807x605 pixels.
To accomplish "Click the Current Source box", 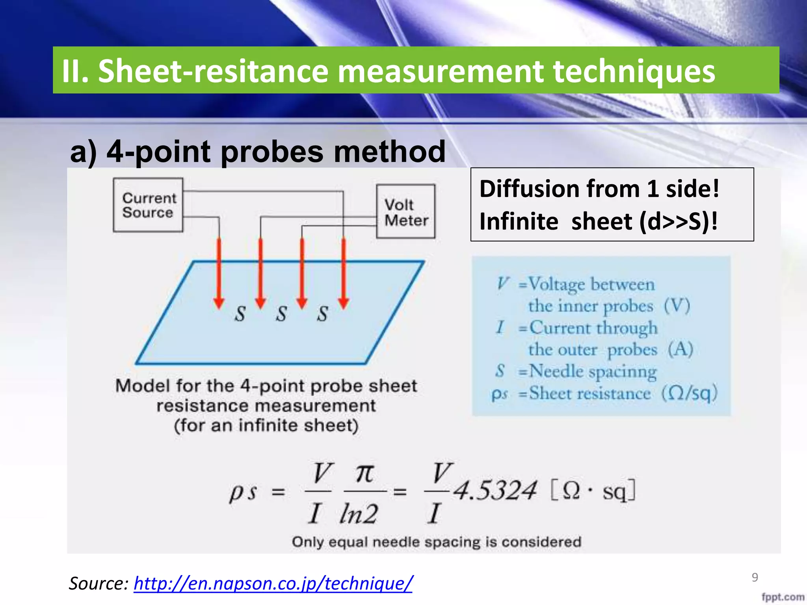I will (148, 205).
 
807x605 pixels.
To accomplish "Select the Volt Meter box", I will (406, 212).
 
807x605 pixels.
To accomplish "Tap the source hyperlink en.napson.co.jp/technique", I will (273, 583).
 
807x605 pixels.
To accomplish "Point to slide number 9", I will (755, 577).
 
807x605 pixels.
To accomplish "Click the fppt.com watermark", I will (783, 597).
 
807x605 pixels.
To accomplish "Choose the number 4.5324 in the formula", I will (494, 491).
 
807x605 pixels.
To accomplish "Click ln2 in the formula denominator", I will (358, 514).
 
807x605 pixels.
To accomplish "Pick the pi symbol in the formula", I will (364, 473).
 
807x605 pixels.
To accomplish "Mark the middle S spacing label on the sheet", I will (281, 314).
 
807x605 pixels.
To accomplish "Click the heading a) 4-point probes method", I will (258, 152).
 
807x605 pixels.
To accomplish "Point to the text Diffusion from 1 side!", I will (599, 189).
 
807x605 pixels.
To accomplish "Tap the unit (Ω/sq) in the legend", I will (689, 393).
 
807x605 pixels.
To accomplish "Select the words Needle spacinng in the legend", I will (593, 371).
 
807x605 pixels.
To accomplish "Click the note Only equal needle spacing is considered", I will (436, 542).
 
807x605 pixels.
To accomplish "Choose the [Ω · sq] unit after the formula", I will (593, 491).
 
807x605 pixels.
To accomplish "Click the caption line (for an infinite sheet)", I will (266, 426).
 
